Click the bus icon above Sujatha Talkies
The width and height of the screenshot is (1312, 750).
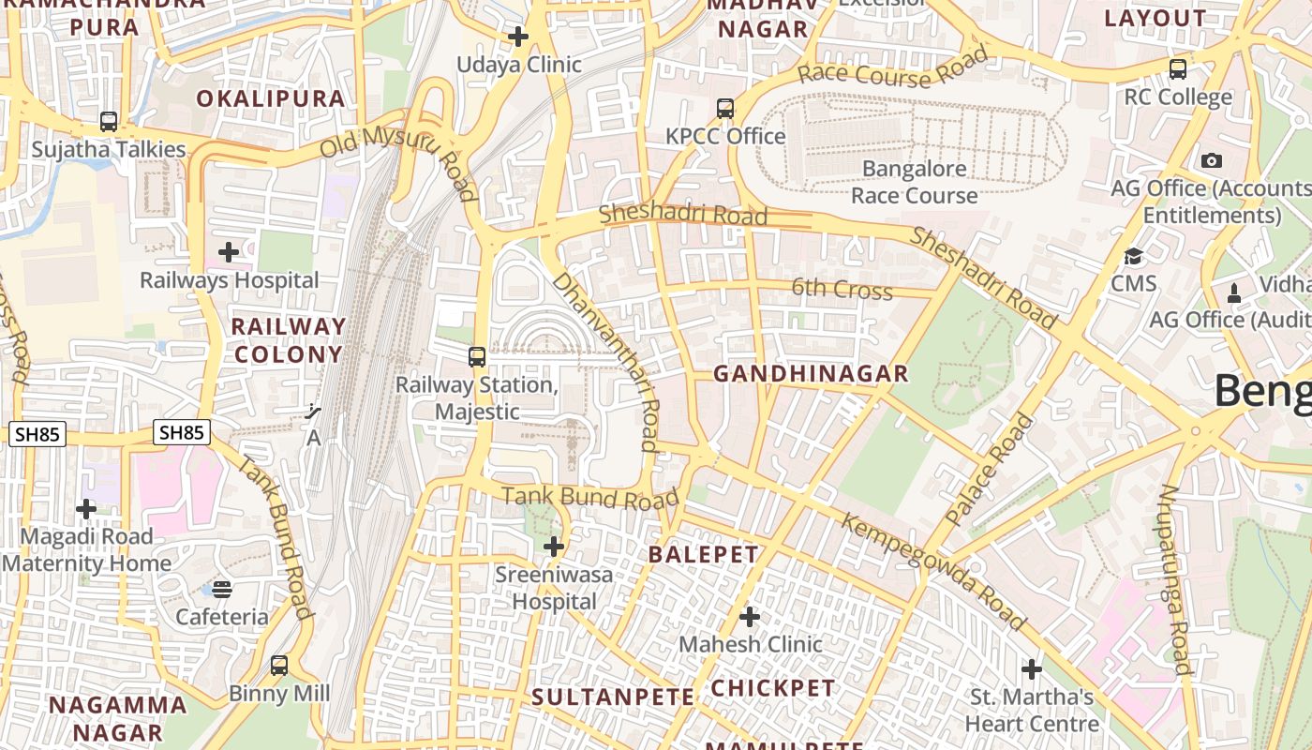[109, 122]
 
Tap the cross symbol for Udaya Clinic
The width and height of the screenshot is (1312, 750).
[518, 37]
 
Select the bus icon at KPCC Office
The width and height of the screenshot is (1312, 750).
[725, 108]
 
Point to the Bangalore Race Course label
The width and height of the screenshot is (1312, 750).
[915, 182]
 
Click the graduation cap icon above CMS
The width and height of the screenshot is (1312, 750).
[1134, 256]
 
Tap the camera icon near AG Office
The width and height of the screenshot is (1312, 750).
[1212, 160]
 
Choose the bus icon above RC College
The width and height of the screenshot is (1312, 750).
[1178, 68]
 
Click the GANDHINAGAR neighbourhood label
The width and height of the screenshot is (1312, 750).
[811, 374]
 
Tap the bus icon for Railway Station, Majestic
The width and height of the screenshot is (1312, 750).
[477, 357]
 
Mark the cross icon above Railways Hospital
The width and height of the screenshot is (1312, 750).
[229, 252]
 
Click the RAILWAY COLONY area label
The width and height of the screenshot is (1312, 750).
[289, 340]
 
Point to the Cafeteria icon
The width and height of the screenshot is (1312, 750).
[222, 589]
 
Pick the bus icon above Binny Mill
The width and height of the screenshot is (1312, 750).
[279, 666]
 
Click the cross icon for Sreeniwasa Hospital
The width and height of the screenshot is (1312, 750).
[554, 547]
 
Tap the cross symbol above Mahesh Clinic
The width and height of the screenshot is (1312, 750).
[750, 617]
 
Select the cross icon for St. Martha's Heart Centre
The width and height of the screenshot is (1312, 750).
[1032, 669]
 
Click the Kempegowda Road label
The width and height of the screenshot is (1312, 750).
[933, 571]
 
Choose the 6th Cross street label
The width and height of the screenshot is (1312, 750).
[842, 289]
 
